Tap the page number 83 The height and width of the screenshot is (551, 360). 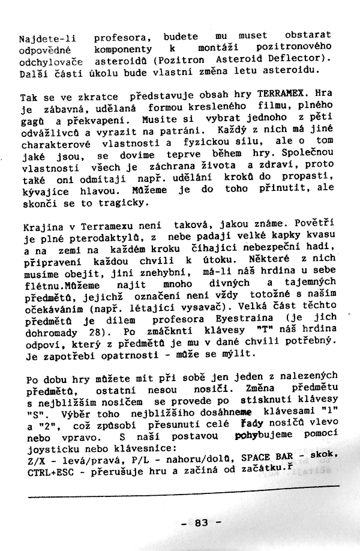coord(201,523)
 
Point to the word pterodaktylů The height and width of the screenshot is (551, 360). coord(91,239)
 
